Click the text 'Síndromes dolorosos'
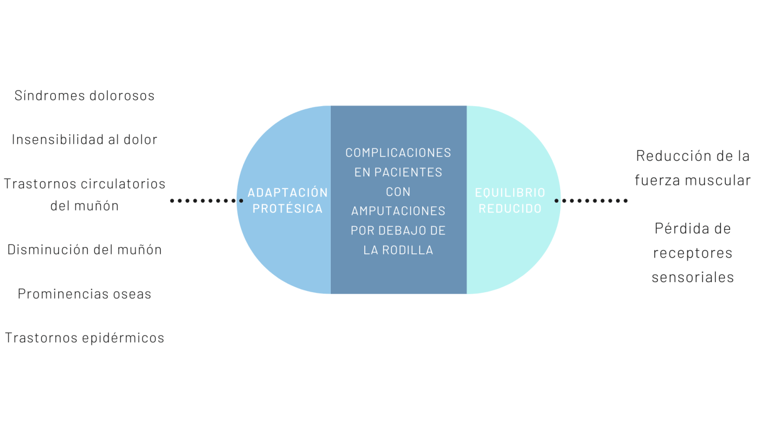pyautogui.click(x=84, y=96)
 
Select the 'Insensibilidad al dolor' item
pyautogui.click(x=84, y=139)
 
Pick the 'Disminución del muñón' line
pyautogui.click(x=84, y=250)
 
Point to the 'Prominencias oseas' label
pyautogui.click(x=84, y=294)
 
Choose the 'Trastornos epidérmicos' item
pyautogui.click(x=84, y=338)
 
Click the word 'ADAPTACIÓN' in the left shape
pyautogui.click(x=287, y=192)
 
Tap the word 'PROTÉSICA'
pyautogui.click(x=287, y=208)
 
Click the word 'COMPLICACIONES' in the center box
pyautogui.click(x=398, y=153)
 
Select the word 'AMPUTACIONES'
pyautogui.click(x=398, y=211)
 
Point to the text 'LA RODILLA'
pyautogui.click(x=398, y=250)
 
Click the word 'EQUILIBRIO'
pyautogui.click(x=510, y=192)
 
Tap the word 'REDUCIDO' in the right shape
pyautogui.click(x=510, y=208)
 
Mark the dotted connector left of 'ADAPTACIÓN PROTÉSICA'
pyautogui.click(x=206, y=201)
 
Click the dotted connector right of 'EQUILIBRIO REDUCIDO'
pyautogui.click(x=591, y=201)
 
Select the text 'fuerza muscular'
pyautogui.click(x=692, y=180)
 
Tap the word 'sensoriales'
pyautogui.click(x=692, y=277)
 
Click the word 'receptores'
pyautogui.click(x=692, y=253)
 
